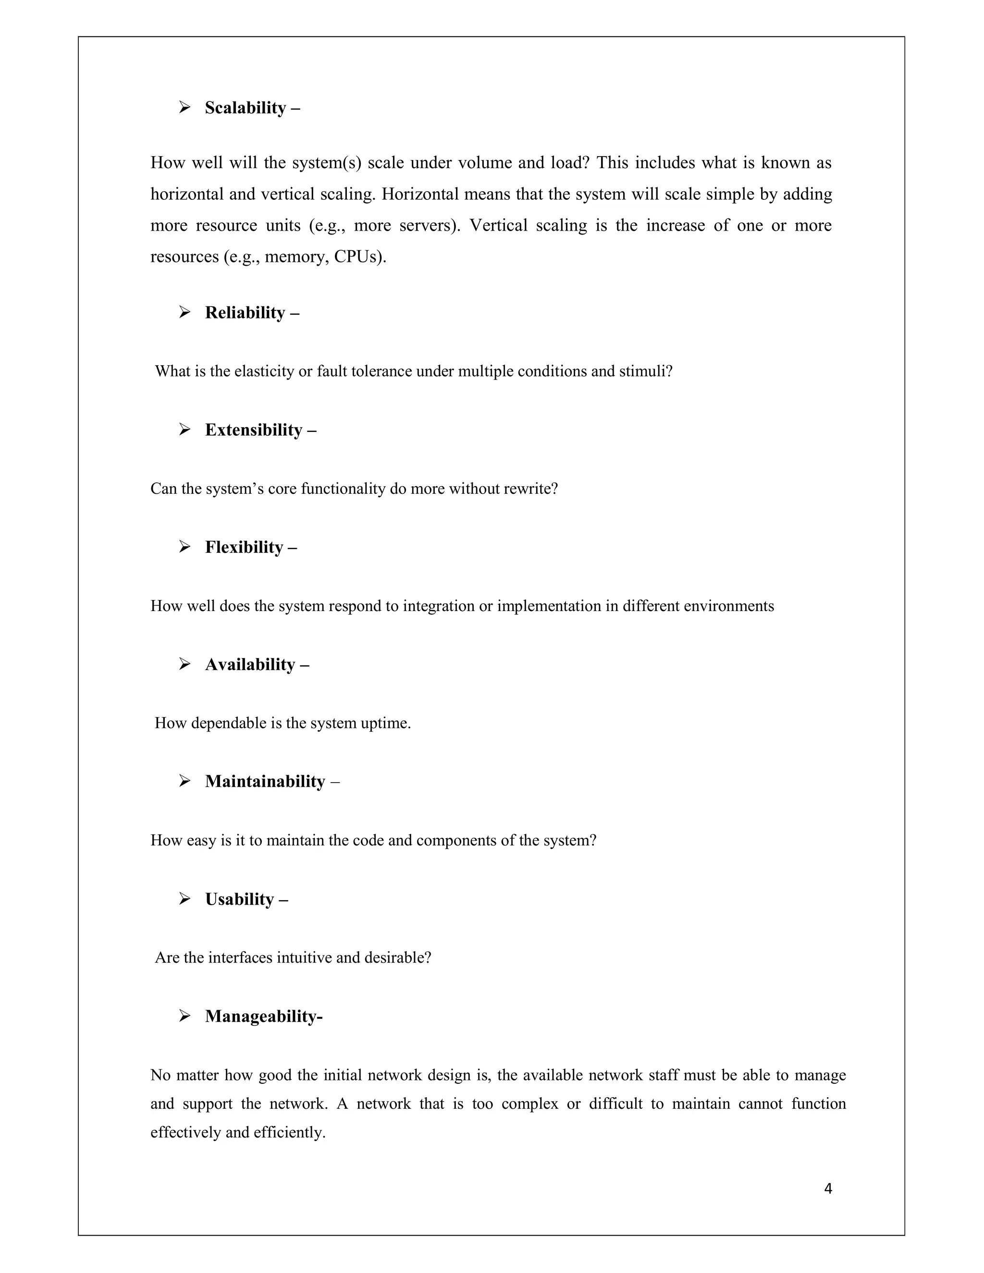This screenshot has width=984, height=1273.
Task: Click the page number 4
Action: [828, 1188]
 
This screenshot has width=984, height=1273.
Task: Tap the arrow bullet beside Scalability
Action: [185, 108]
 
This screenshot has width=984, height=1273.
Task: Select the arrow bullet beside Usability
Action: [185, 899]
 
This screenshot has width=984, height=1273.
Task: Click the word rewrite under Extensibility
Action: [530, 489]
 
